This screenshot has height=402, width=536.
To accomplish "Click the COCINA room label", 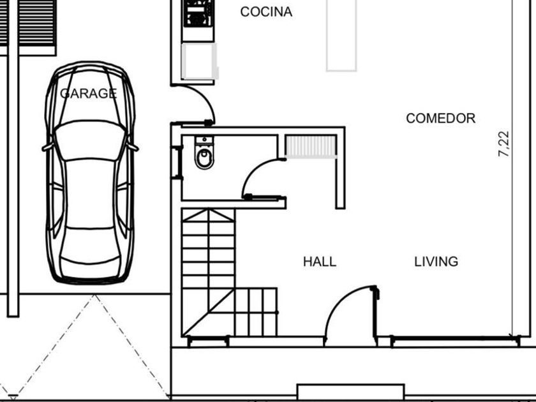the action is (266, 12).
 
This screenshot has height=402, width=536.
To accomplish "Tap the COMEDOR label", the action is (441, 118).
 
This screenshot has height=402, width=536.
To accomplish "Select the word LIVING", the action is (436, 262).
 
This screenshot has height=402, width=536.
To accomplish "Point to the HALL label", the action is (320, 262).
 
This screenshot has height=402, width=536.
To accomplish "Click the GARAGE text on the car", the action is (89, 93).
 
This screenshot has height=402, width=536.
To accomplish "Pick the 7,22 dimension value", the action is (504, 144).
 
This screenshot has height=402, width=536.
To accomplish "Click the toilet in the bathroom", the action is (204, 153).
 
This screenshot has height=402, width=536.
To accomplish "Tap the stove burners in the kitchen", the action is (197, 13).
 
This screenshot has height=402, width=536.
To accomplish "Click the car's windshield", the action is (90, 140).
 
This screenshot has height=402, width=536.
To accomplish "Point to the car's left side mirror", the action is (47, 147).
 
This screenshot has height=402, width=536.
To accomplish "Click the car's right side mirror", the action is (133, 147).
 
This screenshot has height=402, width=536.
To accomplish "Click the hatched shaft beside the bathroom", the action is (311, 147).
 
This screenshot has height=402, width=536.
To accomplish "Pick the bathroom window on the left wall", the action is (177, 162).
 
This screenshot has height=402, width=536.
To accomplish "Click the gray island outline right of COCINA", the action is (341, 36).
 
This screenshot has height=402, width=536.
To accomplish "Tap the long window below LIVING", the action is (456, 341).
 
